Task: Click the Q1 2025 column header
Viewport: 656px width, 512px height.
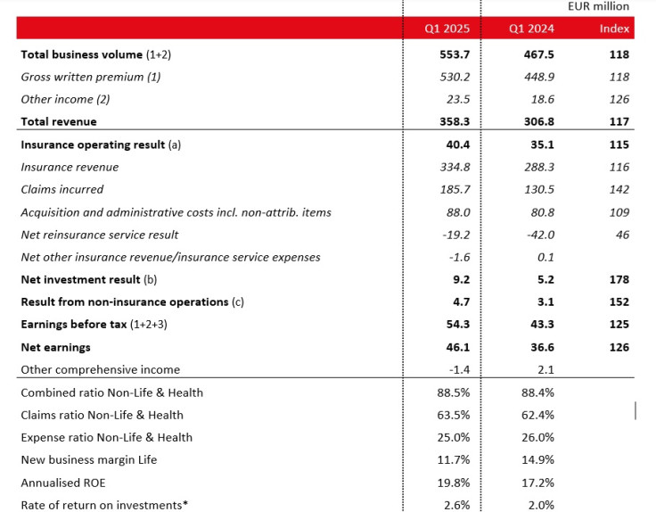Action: pyautogui.click(x=447, y=29)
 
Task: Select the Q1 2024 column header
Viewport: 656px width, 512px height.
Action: pyautogui.click(x=531, y=29)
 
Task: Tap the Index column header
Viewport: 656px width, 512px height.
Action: pyautogui.click(x=614, y=29)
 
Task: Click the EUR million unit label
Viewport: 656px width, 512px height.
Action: pyautogui.click(x=598, y=6)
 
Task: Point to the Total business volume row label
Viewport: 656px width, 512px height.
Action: pyautogui.click(x=95, y=54)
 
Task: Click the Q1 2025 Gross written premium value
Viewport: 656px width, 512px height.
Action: pyautogui.click(x=455, y=77)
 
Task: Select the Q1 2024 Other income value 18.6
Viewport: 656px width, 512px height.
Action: pyautogui.click(x=543, y=99)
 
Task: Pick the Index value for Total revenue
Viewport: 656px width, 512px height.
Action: pyautogui.click(x=619, y=121)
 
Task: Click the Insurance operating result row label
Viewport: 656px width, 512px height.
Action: pyautogui.click(x=101, y=145)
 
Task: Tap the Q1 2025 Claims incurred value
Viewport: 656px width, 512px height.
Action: pyautogui.click(x=455, y=190)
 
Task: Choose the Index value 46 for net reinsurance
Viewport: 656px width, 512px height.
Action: pyautogui.click(x=622, y=235)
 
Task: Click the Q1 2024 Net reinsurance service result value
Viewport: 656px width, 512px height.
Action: pyautogui.click(x=540, y=235)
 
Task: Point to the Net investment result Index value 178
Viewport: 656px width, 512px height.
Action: pyautogui.click(x=619, y=280)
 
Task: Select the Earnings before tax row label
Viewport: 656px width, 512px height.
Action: pyautogui.click(x=94, y=325)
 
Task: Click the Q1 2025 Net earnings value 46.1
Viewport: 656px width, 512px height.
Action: pyautogui.click(x=458, y=348)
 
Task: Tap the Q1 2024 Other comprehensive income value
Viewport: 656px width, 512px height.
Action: pyautogui.click(x=545, y=369)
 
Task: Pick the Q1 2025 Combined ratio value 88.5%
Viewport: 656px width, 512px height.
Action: pyautogui.click(x=454, y=392)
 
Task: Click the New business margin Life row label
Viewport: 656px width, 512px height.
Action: pyautogui.click(x=89, y=459)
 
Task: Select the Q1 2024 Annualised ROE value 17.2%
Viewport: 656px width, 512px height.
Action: pyautogui.click(x=537, y=483)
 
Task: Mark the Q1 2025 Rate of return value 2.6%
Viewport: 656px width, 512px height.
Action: pyautogui.click(x=457, y=505)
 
